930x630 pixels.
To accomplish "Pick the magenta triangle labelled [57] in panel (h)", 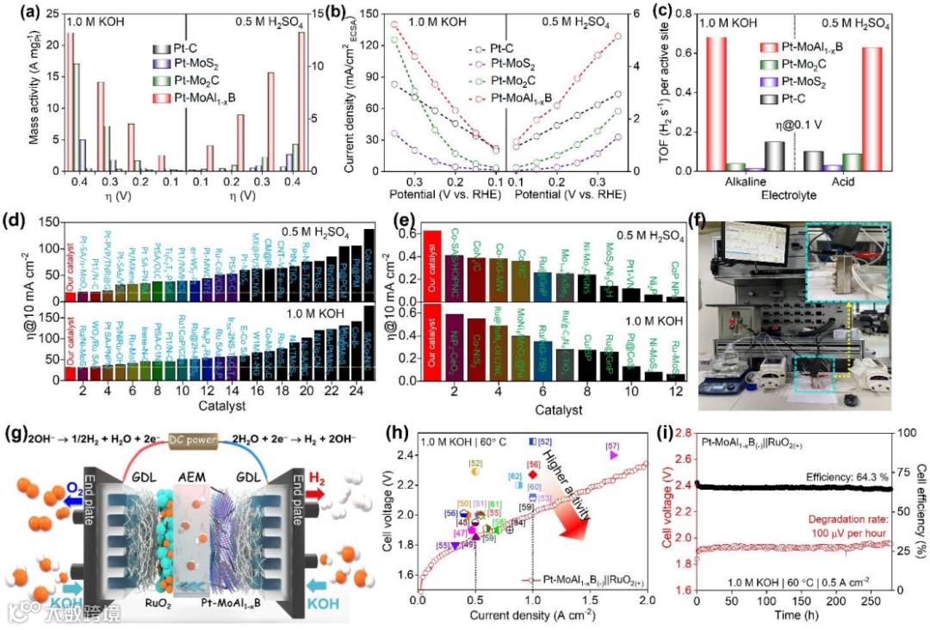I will tap(613, 455).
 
